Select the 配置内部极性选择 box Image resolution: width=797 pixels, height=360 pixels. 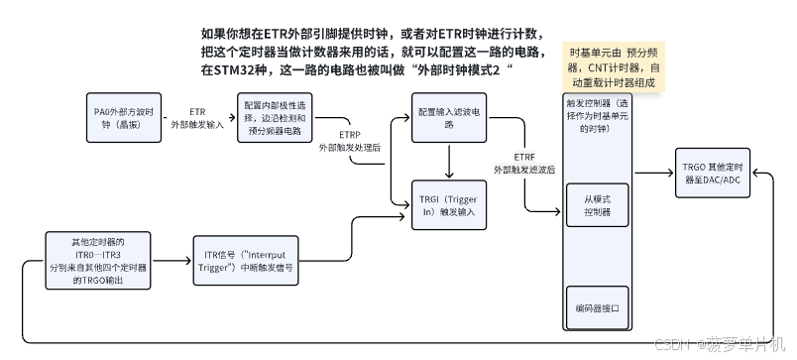274,118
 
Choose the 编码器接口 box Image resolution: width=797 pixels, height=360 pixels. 598,308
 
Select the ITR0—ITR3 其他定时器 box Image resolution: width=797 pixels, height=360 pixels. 96,261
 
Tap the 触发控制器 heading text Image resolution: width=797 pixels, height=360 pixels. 598,114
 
